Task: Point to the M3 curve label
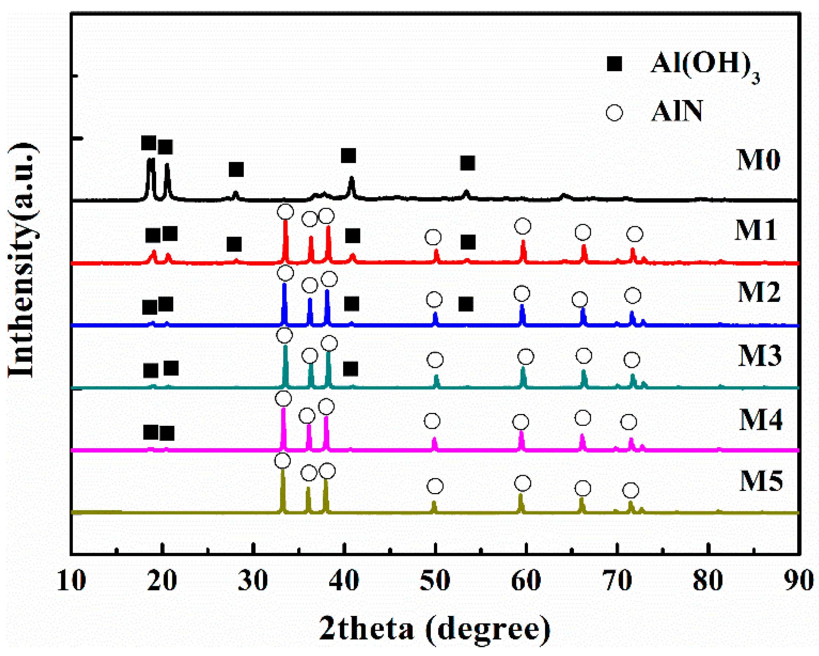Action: click(x=759, y=356)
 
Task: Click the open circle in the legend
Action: click(x=614, y=113)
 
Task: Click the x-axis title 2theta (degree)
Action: click(x=435, y=628)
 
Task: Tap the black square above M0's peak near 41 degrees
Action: click(x=348, y=156)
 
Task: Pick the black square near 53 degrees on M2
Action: click(x=466, y=304)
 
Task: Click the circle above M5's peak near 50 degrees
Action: click(x=435, y=486)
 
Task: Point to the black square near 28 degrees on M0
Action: click(x=236, y=170)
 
